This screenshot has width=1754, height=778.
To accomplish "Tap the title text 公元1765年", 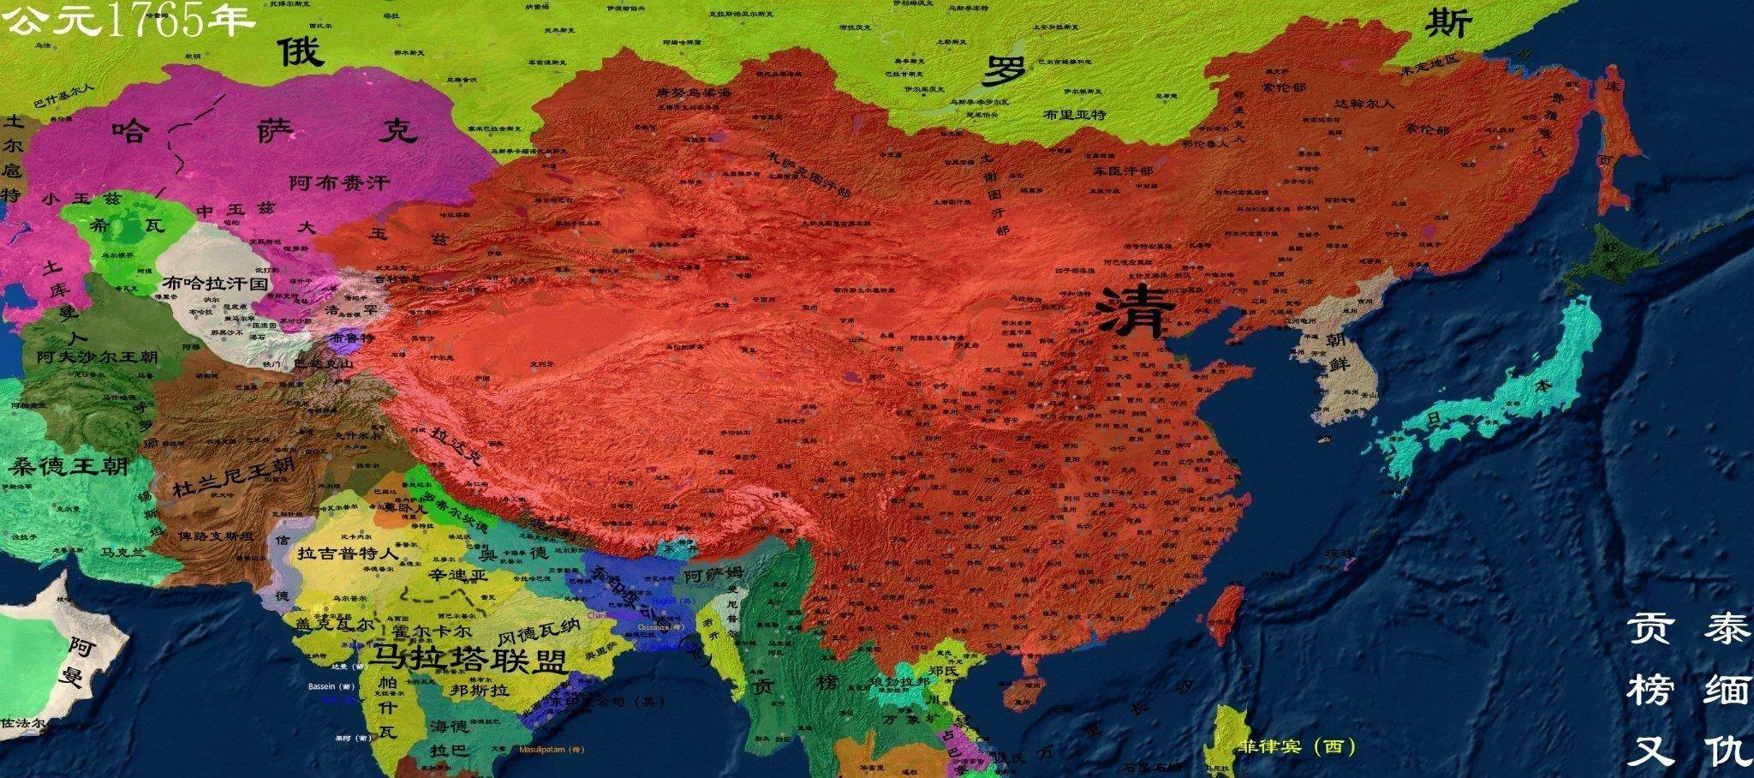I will (128, 21).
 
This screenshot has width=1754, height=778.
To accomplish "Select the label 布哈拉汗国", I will (215, 282).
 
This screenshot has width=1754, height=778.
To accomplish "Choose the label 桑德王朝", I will (69, 467).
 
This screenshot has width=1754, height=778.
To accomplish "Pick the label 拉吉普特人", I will (347, 554).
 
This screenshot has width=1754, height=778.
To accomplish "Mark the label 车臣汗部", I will (1122, 171).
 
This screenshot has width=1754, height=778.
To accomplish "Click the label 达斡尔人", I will (1364, 103).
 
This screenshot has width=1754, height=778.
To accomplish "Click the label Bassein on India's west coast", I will (331, 686).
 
